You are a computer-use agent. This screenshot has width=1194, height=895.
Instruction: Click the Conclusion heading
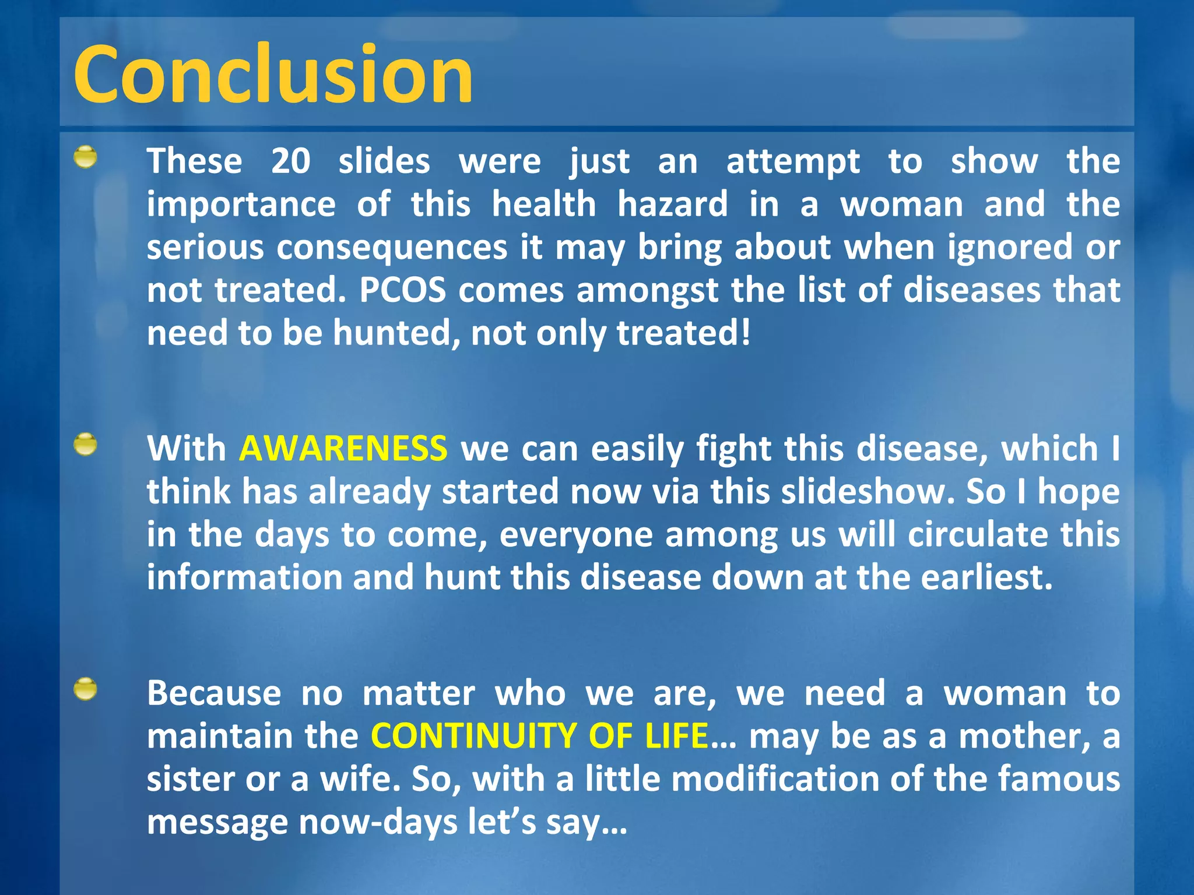pyautogui.click(x=273, y=75)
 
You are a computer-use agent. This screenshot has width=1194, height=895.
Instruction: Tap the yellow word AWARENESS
pyautogui.click(x=343, y=449)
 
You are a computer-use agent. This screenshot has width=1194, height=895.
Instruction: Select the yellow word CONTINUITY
pyautogui.click(x=473, y=736)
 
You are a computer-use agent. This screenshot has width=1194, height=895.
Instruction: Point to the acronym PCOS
pyautogui.click(x=402, y=290)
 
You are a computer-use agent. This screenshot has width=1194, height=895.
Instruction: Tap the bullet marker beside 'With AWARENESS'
pyautogui.click(x=86, y=445)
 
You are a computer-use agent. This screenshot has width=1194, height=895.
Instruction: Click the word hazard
pyautogui.click(x=672, y=205)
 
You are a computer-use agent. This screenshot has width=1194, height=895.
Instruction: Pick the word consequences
pyautogui.click(x=392, y=248)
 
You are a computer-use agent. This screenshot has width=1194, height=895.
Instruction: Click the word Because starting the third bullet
pyautogui.click(x=214, y=693)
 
